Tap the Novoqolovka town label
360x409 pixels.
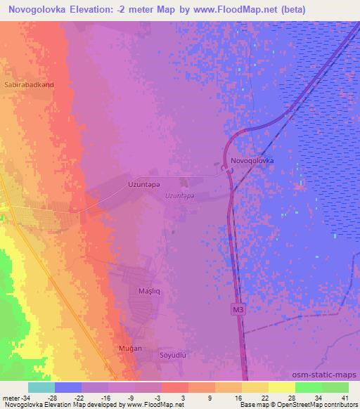click(x=250, y=160)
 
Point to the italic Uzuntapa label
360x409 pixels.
click(x=179, y=196)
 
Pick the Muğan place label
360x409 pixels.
click(x=130, y=348)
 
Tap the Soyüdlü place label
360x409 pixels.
click(x=174, y=356)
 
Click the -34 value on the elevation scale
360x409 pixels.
click(x=22, y=397)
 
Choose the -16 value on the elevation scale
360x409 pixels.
click(x=106, y=397)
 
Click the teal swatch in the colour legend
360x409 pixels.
click(x=41, y=387)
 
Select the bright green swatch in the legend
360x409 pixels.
click(x=308, y=387)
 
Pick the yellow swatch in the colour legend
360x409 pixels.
click(x=255, y=387)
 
